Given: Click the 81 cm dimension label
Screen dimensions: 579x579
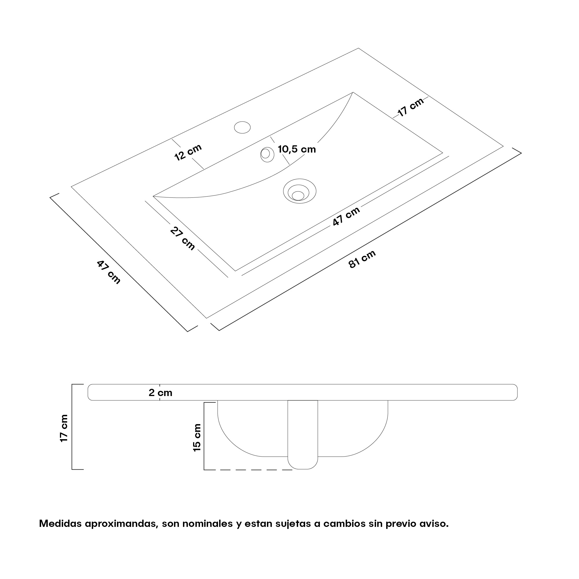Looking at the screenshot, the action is [x=362, y=259].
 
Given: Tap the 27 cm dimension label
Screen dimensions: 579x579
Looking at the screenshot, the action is [x=182, y=238].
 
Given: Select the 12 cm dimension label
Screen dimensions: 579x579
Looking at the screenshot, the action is [x=188, y=152].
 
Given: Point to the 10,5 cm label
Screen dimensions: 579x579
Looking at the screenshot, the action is [x=297, y=149].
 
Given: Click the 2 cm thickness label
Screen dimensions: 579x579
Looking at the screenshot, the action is [x=160, y=393].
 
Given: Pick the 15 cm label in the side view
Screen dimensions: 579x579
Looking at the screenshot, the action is [x=197, y=437].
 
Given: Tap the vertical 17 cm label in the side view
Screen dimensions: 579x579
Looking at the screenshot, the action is [x=64, y=428].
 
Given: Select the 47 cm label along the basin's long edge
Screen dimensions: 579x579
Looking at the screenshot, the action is [x=346, y=216].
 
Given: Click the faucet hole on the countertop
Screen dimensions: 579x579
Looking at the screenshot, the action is [x=242, y=127].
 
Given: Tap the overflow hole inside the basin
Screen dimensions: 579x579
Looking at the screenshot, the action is [x=267, y=154].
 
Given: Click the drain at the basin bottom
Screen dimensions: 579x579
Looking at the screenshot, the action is [x=299, y=191].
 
